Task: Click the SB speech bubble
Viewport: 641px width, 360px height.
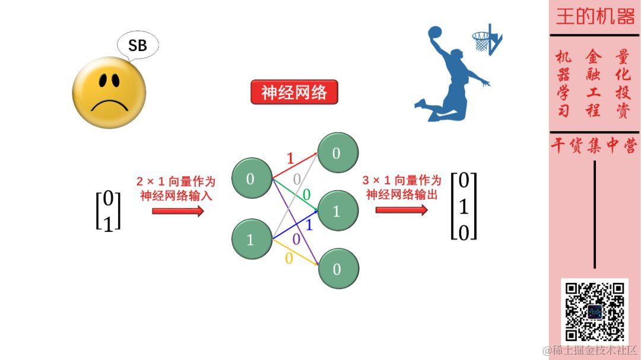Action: point(137,46)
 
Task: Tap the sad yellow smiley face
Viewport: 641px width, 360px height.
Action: point(109,93)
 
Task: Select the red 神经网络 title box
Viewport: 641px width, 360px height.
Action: point(294,93)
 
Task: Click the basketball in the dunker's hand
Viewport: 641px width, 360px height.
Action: point(435,32)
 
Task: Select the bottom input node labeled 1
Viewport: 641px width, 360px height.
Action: point(250,240)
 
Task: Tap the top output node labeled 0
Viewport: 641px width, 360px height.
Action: point(337,153)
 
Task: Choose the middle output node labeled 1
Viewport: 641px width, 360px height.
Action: point(337,211)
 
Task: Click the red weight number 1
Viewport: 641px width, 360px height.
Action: point(290,158)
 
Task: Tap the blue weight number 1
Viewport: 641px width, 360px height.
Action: point(309,225)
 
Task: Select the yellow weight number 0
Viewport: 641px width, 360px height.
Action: point(289,259)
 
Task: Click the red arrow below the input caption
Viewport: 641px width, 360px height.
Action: point(177,211)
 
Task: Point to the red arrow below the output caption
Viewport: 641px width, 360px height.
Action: point(401,210)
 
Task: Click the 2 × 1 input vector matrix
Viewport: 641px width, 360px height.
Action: point(108,211)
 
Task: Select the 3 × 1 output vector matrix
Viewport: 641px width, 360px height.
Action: point(464,206)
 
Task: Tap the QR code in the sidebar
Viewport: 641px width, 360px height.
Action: point(594,311)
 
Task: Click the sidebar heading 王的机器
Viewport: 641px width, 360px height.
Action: point(595,17)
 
